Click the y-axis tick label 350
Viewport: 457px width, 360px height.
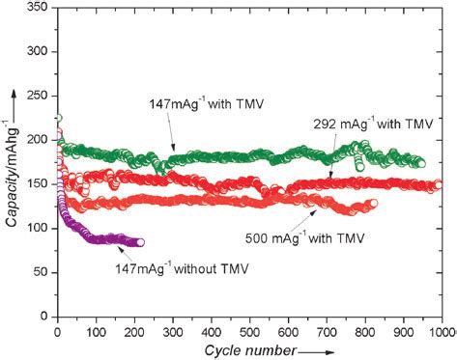[39, 9]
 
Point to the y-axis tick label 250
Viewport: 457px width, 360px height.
[39, 97]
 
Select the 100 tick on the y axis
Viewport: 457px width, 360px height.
[39, 229]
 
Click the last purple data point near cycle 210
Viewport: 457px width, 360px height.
[139, 242]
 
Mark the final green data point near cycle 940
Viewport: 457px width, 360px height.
[418, 163]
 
